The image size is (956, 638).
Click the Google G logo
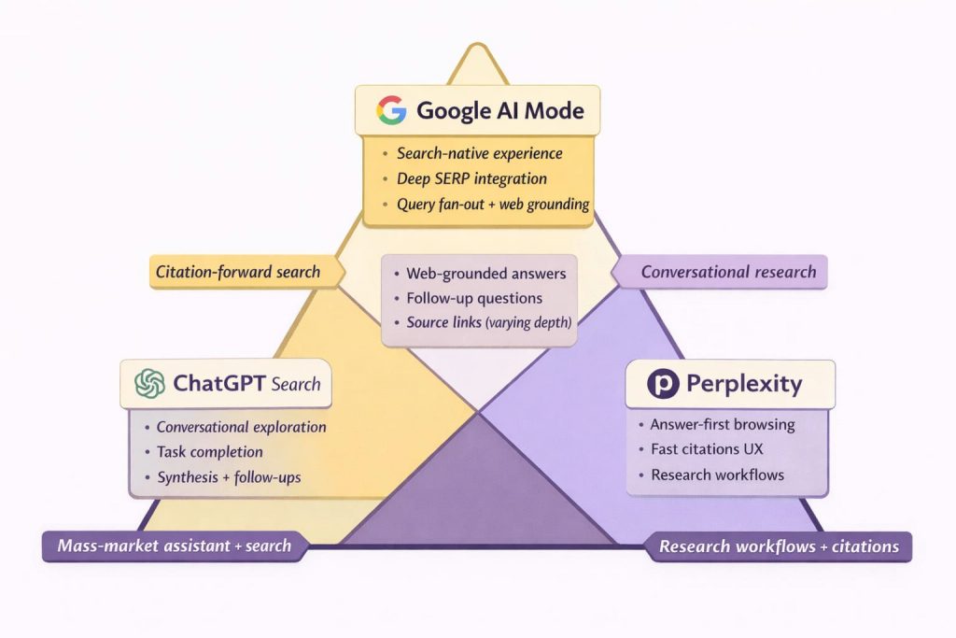392,110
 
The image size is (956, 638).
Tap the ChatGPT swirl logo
149,383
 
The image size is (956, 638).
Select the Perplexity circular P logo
662,383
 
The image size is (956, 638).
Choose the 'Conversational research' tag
728,272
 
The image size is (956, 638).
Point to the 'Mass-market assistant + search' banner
175,546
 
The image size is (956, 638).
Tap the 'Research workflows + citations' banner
779,546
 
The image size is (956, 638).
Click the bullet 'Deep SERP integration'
471,178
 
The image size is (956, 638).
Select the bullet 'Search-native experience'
480,153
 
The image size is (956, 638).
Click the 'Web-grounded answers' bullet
485,274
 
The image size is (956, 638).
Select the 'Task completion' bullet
209,452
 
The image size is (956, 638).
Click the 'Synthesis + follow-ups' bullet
228,477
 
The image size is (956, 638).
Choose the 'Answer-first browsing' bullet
723,424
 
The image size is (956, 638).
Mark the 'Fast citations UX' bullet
707,449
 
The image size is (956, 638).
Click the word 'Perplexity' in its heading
744,383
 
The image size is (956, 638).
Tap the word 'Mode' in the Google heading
551,110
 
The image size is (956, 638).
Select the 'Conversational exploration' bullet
241,427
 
